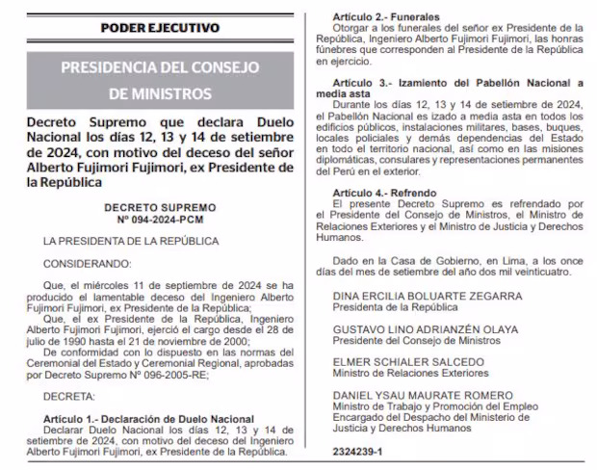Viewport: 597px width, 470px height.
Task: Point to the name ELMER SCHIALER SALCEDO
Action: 396,361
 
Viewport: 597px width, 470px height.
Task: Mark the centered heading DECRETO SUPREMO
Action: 160,207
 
